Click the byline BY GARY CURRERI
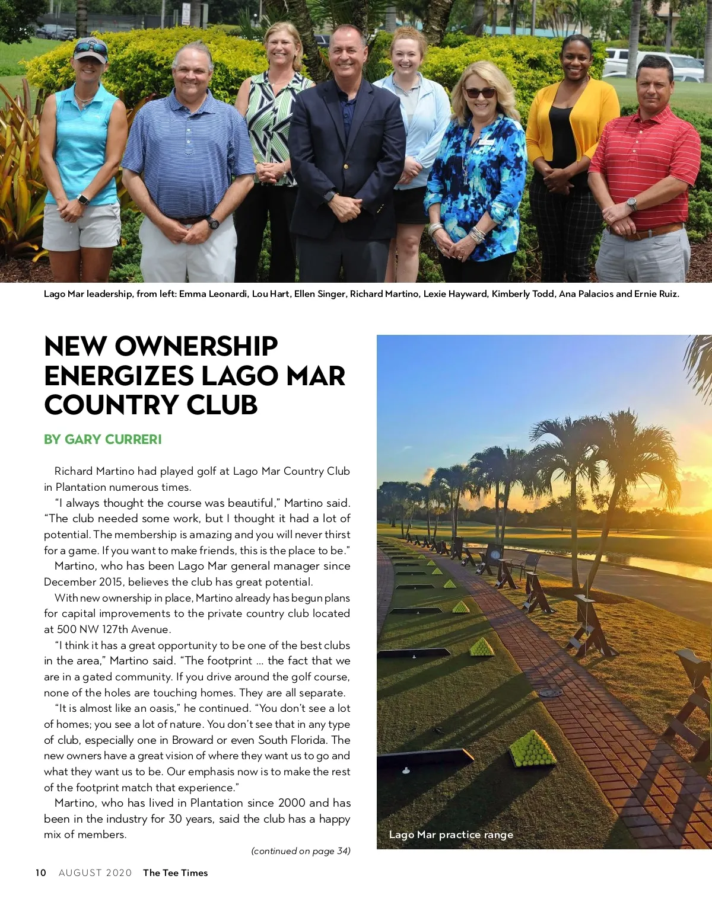103,439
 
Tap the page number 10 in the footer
40,872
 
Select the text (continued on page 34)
301,851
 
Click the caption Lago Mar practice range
451,835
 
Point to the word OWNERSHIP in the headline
196,347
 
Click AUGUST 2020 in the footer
95,872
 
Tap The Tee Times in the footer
176,872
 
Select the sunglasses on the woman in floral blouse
479,93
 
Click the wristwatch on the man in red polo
631,204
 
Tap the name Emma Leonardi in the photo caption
214,294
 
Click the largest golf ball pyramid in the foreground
532,749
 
